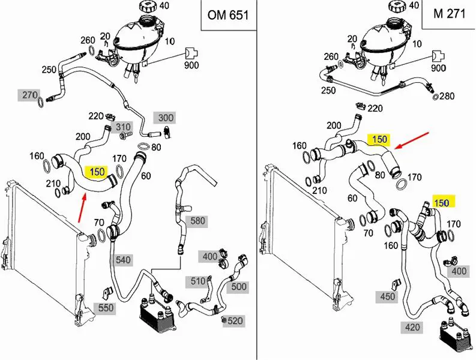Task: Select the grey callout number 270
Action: click(x=30, y=95)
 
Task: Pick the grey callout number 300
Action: click(x=165, y=118)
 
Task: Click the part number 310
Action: click(x=123, y=127)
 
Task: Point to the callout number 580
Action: click(x=198, y=221)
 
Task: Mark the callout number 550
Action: click(x=106, y=308)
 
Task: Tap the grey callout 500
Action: click(x=239, y=287)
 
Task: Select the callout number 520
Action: click(x=235, y=321)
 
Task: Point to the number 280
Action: click(x=447, y=96)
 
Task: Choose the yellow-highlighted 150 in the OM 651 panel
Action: click(x=97, y=172)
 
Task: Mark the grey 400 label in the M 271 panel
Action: click(x=458, y=271)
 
